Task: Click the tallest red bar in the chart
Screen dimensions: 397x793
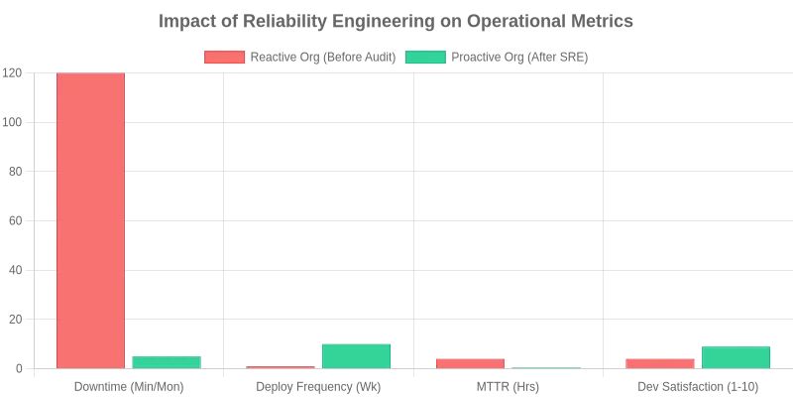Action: coord(90,220)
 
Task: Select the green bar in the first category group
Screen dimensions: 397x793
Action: coord(167,361)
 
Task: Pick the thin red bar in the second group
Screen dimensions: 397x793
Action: coord(282,367)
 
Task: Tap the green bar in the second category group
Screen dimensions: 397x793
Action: coord(357,355)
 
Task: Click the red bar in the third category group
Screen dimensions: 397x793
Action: coord(471,363)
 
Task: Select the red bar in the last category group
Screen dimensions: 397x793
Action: coord(661,363)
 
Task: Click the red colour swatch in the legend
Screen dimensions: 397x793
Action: coord(224,58)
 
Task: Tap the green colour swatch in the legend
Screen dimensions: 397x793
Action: coord(425,58)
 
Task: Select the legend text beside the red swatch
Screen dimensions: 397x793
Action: coord(322,58)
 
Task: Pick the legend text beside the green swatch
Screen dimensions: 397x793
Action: coord(522,58)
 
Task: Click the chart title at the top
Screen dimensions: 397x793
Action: coord(396,21)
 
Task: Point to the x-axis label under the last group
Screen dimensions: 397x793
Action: coord(699,387)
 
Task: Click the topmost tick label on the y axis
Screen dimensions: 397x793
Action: coord(10,71)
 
